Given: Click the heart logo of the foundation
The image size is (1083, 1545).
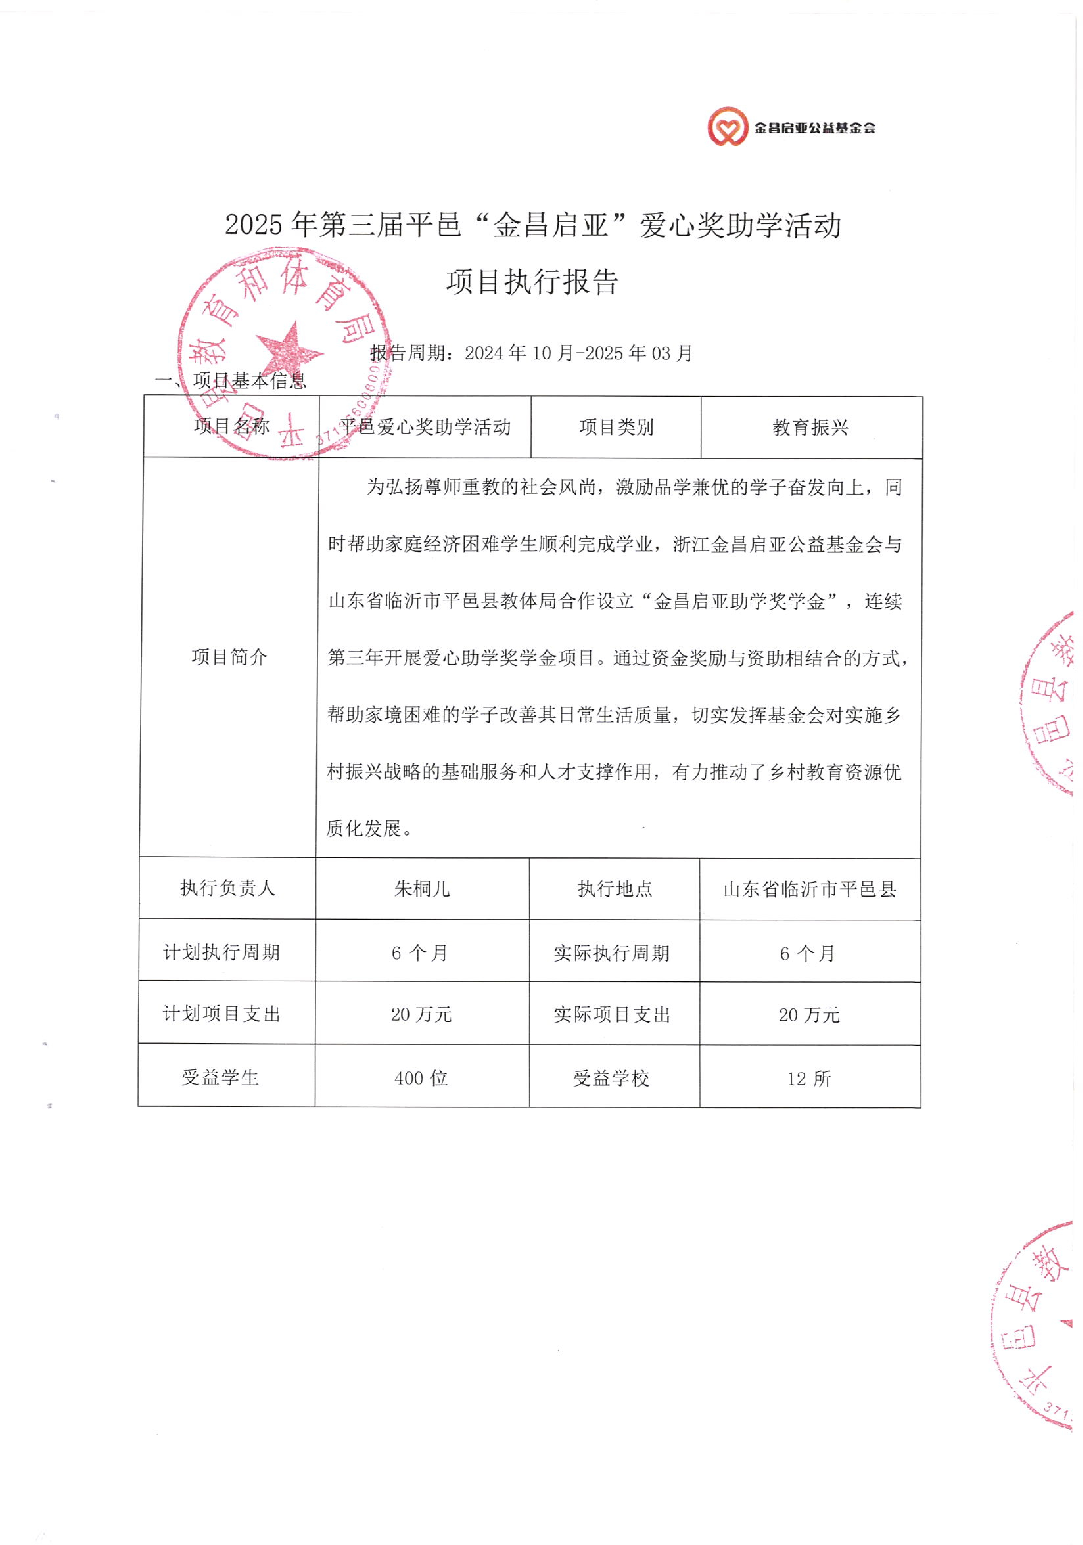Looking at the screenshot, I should coord(727,127).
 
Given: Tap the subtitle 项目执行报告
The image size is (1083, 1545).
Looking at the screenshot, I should coord(532,282).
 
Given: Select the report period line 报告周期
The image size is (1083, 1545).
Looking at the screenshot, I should coord(532,353).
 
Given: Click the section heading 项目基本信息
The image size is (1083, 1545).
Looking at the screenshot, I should coord(249,381).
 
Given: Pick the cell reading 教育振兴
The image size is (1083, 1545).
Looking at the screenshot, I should coord(810,427).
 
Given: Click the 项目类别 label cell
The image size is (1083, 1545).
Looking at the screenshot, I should coord(616,427).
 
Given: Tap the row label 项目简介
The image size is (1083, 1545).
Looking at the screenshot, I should coord(229,657).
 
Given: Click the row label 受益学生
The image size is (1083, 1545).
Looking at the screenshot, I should coord(220,1077).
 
